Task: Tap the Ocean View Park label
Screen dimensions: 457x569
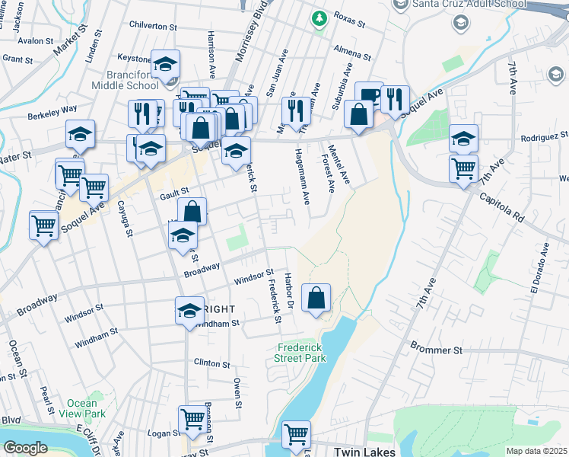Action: (x=81, y=408)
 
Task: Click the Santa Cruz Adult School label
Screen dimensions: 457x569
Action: (x=459, y=4)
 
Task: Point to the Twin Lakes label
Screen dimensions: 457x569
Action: (x=364, y=452)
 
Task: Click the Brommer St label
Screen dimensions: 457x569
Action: (x=437, y=350)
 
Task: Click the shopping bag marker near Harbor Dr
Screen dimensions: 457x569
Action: (x=316, y=299)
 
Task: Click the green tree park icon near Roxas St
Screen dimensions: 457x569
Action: (x=320, y=17)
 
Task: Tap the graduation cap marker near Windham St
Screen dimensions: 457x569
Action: (x=189, y=311)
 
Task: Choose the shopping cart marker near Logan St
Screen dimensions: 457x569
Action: (x=192, y=420)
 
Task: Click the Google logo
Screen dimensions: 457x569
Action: (x=25, y=448)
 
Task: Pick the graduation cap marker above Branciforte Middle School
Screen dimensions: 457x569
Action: (x=165, y=66)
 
